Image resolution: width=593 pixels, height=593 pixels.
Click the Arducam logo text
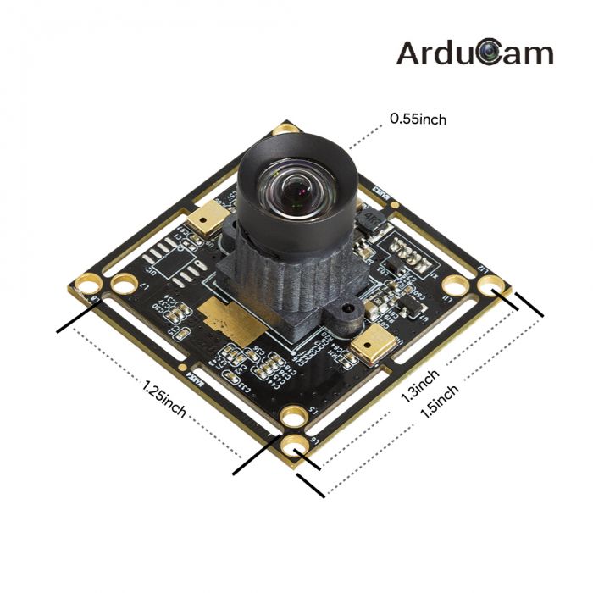[474, 53]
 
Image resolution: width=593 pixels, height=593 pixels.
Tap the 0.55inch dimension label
[418, 119]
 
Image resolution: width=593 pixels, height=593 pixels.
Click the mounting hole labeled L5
[294, 415]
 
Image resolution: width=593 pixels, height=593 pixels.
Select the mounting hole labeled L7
[124, 283]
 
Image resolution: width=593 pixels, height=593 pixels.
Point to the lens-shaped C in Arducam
[489, 53]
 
